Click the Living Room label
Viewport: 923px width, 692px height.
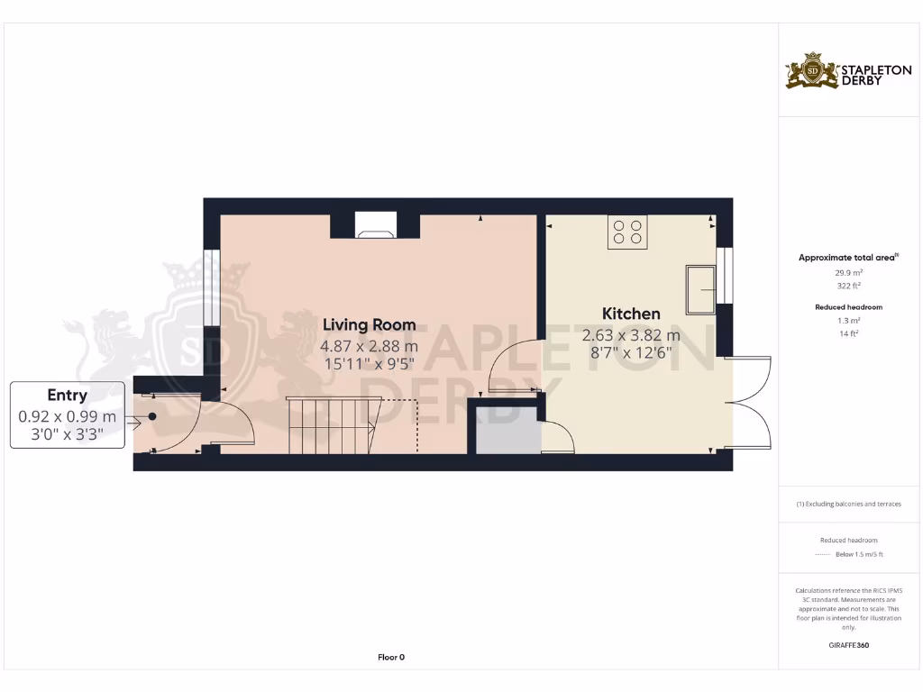[369, 324]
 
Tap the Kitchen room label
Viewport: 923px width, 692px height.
[631, 314]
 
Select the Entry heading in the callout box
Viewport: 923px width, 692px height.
[68, 395]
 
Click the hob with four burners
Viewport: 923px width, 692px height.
[626, 232]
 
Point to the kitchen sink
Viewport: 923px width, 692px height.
[701, 288]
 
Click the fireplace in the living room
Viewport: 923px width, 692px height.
[374, 225]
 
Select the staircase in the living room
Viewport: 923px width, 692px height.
[330, 426]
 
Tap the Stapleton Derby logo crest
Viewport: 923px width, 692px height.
[812, 71]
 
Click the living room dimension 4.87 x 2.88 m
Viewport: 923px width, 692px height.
[369, 346]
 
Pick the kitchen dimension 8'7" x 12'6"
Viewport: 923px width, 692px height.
[631, 353]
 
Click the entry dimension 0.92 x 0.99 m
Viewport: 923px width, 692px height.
[68, 416]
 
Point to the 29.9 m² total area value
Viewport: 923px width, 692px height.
[847, 271]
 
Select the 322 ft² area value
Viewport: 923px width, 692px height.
[847, 285]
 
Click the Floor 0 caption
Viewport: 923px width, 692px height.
[390, 657]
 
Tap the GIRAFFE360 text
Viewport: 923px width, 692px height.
[848, 645]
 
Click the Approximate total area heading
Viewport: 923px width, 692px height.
[846, 258]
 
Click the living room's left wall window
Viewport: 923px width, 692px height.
[211, 287]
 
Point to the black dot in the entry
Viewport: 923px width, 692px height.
[152, 416]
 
